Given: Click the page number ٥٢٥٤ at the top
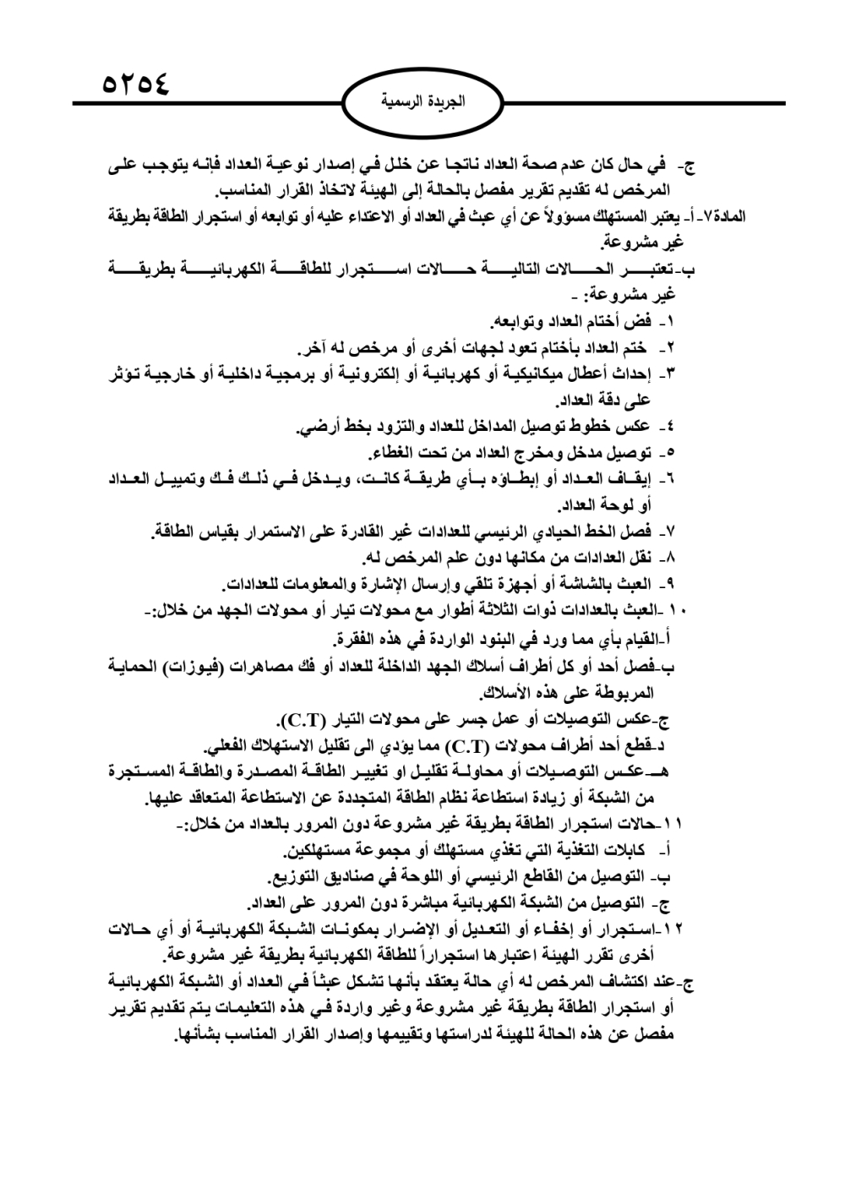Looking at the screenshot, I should (136, 84).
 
